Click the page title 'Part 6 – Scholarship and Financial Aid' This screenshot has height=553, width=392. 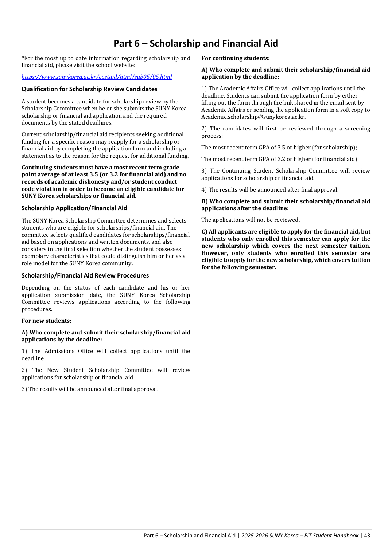196,44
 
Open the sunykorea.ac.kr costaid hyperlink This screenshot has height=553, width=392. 97,77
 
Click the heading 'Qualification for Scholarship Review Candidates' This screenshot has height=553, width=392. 89,89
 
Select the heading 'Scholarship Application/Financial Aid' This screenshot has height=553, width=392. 74,208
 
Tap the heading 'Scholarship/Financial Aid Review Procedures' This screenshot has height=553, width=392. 85,276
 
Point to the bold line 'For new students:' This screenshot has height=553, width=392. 46,321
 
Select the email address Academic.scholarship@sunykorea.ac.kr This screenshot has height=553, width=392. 253,117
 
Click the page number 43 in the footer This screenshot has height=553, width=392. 367,536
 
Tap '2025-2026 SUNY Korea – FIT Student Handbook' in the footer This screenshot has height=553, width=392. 300,536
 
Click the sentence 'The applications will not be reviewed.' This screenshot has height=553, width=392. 251,220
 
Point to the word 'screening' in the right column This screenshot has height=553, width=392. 357,129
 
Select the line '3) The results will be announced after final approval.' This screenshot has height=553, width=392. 90,389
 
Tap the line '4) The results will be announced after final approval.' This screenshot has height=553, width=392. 270,190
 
